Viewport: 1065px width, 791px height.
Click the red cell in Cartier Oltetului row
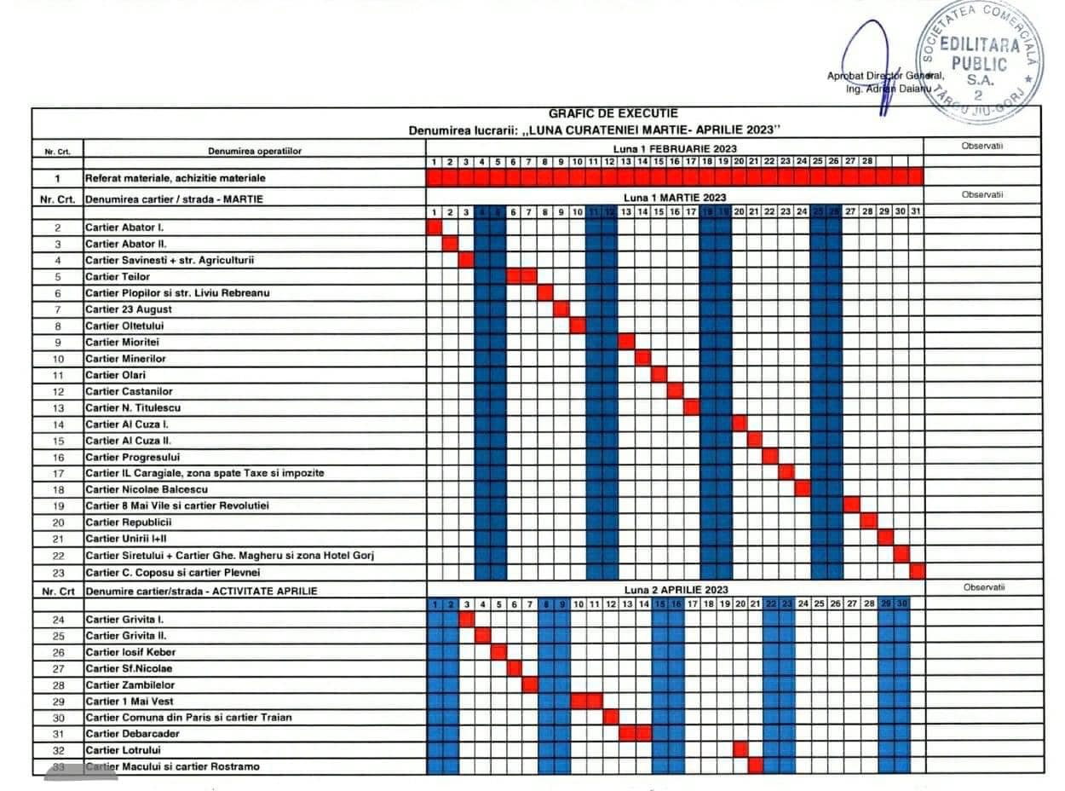pyautogui.click(x=578, y=326)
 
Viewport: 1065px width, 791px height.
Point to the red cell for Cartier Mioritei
pyautogui.click(x=626, y=342)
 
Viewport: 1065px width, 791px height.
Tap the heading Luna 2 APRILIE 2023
pyautogui.click(x=676, y=590)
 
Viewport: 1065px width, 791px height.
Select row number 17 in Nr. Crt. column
pyautogui.click(x=58, y=473)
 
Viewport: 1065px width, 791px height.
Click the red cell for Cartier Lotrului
pyautogui.click(x=740, y=749)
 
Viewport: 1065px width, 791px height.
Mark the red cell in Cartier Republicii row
pyautogui.click(x=868, y=522)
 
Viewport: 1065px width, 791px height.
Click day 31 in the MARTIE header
pyautogui.click(x=916, y=211)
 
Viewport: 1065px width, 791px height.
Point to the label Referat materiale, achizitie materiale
pyautogui.click(x=175, y=178)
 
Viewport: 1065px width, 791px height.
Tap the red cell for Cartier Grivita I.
pyautogui.click(x=466, y=619)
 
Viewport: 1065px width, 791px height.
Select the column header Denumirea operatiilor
pyautogui.click(x=255, y=151)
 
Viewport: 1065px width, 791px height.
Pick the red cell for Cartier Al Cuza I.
pyautogui.click(x=739, y=424)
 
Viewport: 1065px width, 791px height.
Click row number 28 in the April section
pyautogui.click(x=58, y=685)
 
